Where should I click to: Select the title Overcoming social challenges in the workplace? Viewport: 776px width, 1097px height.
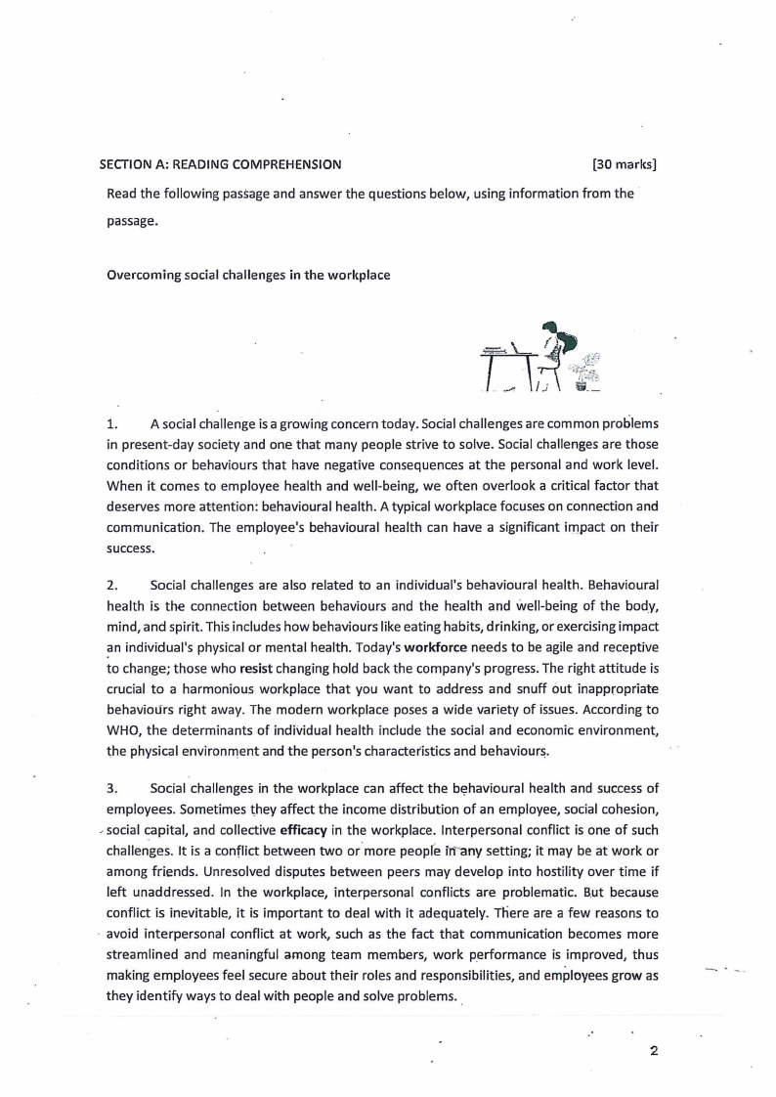click(248, 275)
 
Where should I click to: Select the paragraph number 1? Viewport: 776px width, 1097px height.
click(111, 423)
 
